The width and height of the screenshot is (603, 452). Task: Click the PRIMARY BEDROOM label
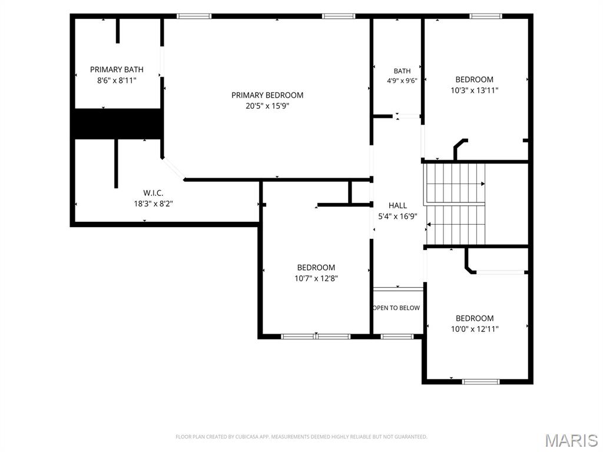[x=267, y=95]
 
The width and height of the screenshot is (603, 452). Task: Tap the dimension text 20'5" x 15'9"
[x=267, y=106]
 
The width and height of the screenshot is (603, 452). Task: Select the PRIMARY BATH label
[x=117, y=69]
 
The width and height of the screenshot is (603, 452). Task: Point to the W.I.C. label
[x=153, y=193]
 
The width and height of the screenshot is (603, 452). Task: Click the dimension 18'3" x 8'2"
[x=153, y=204]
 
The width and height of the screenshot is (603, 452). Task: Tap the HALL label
[x=397, y=205]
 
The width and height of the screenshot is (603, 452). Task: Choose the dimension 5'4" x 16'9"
[x=397, y=217]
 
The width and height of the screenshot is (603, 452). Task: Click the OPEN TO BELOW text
[x=396, y=308]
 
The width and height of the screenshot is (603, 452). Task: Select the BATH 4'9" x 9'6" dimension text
[x=402, y=81]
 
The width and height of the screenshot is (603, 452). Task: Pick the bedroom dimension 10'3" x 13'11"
[x=475, y=90]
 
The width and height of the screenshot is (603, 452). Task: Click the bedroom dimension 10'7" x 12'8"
[x=316, y=278]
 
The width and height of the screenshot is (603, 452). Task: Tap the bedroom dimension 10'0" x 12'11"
[x=475, y=329]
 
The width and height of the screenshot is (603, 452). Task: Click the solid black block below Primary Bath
[x=117, y=124]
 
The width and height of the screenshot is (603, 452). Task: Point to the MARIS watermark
[x=571, y=441]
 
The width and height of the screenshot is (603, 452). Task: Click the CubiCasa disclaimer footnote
[x=301, y=437]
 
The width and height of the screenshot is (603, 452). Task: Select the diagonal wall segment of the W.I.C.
[x=173, y=168]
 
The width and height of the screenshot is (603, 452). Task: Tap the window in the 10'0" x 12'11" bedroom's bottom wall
[x=481, y=381]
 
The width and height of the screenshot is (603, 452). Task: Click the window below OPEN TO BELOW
[x=397, y=337]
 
